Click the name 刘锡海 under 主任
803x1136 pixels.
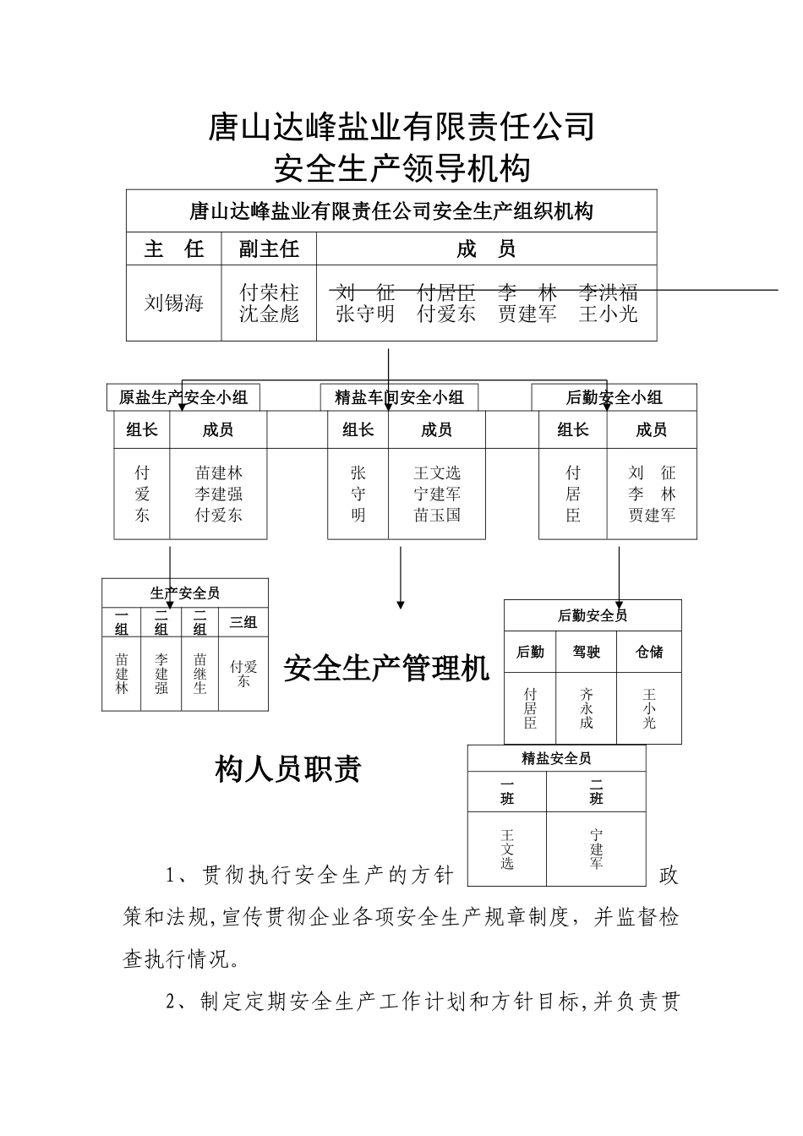tap(174, 303)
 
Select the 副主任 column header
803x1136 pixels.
tap(269, 249)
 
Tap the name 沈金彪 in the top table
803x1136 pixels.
tap(269, 314)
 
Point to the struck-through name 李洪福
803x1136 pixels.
tap(608, 292)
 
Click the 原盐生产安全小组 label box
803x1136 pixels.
tap(183, 397)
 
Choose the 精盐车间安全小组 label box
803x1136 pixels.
tap(399, 397)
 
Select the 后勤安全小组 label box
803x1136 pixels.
tap(614, 397)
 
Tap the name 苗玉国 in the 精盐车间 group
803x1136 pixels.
tap(437, 515)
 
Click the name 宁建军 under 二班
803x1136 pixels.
tap(597, 849)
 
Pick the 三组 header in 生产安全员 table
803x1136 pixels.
tap(243, 623)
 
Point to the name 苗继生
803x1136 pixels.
tap(199, 674)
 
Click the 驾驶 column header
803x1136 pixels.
tap(587, 652)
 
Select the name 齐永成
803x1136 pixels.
tap(587, 708)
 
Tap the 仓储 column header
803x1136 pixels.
tap(649, 652)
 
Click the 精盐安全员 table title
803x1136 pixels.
tap(556, 758)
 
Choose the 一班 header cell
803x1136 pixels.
tap(507, 792)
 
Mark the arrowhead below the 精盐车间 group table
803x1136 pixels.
tap(401, 604)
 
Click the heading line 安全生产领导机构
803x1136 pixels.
tap(401, 168)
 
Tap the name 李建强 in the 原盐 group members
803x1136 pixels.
tap(219, 494)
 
